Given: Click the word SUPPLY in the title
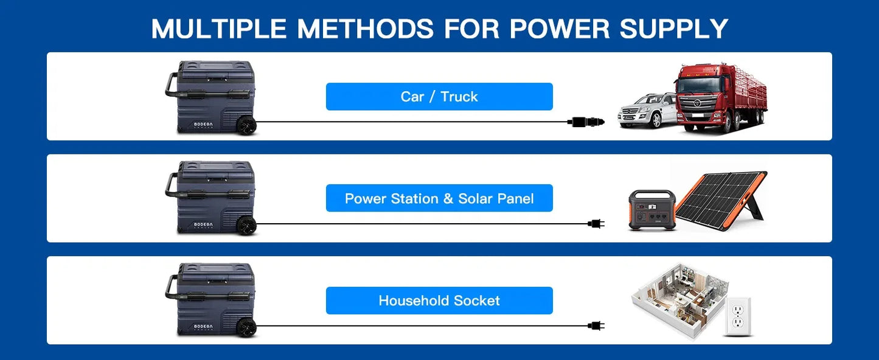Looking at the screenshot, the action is pos(674,28).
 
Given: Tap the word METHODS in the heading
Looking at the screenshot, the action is pos(366,28).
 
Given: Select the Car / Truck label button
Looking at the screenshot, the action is pos(439,97).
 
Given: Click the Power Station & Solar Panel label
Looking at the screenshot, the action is pos(439,198).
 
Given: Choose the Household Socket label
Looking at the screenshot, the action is pos(439,300).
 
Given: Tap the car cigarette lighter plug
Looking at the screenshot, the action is pos(585,122).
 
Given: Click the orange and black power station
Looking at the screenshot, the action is pos(652,210).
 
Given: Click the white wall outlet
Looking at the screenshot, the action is pos(738,317).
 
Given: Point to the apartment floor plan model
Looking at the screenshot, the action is pos(679,300).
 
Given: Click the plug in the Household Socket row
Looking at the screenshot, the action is pos(596,325).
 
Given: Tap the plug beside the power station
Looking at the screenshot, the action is pos(596,224).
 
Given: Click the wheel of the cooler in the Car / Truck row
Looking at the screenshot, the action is pos(246,126).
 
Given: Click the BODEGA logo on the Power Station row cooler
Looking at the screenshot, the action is pos(203,225).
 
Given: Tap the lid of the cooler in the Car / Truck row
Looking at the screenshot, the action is pos(216,70).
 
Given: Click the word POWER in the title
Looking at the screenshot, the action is pos(560,28).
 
